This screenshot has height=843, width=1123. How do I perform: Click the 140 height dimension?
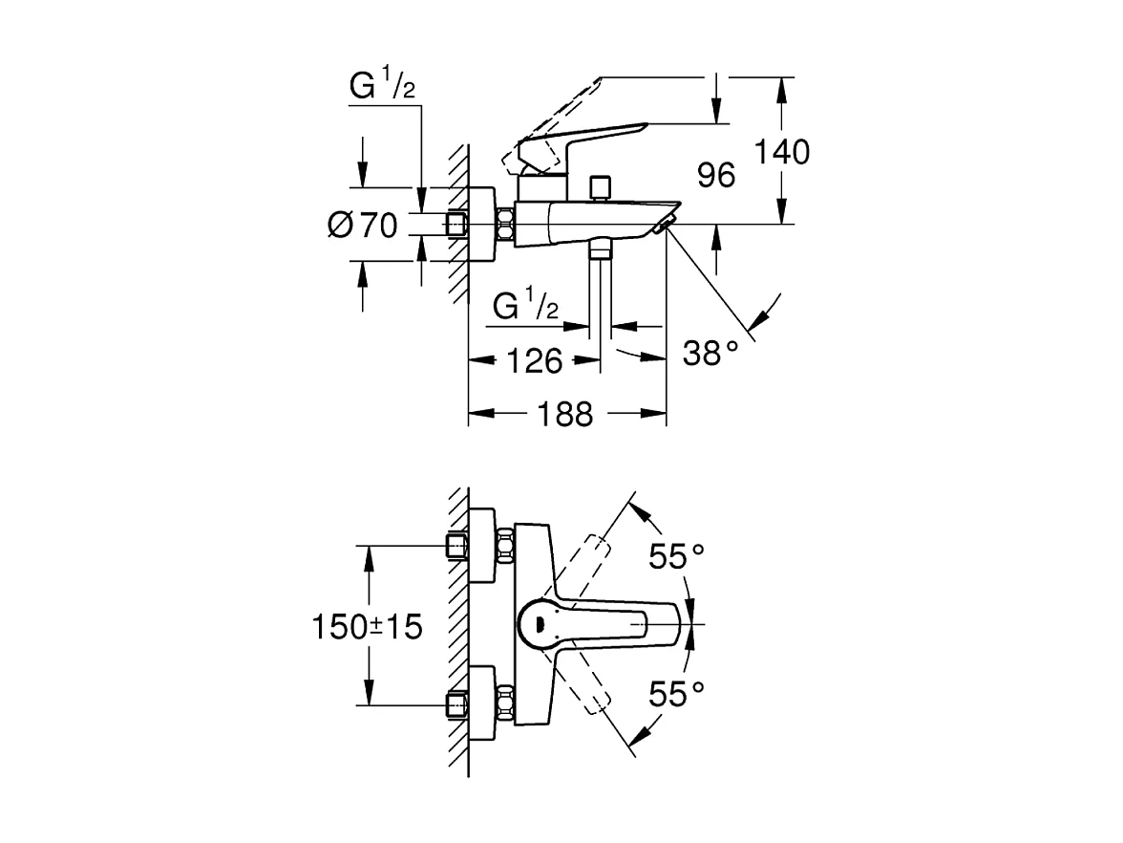point(781,151)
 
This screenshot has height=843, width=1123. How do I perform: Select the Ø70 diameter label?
point(361,226)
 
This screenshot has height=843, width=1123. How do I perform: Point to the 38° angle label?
point(711,355)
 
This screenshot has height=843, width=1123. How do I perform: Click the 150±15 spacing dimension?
point(367,627)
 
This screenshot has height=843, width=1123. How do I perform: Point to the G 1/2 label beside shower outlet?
point(526,306)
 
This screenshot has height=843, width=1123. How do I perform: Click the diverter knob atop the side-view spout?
point(600,185)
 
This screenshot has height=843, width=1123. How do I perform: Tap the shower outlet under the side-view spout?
point(600,250)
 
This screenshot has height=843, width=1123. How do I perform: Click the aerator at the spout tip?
point(666,226)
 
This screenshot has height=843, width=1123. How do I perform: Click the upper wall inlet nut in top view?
point(458,546)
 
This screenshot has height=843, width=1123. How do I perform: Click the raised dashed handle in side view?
point(554,110)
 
